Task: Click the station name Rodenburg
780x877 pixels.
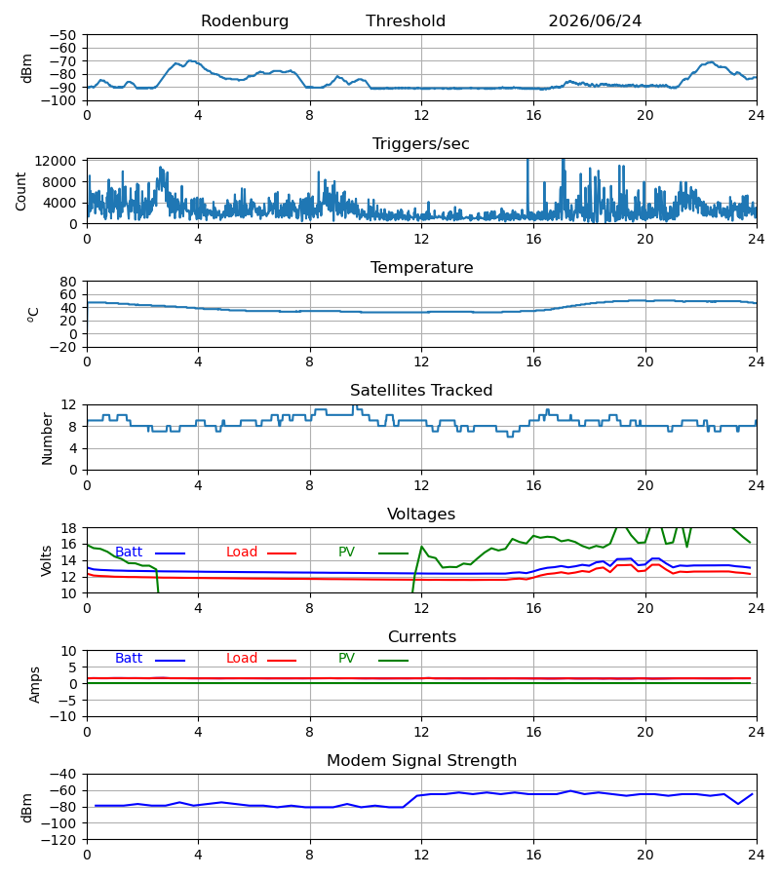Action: [x=245, y=21]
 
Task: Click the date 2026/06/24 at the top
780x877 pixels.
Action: [x=595, y=21]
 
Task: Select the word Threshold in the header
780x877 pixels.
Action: [x=406, y=21]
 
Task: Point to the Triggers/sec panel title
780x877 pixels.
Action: [x=421, y=144]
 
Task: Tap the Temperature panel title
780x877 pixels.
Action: [x=421, y=267]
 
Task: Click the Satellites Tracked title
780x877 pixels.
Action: [x=421, y=391]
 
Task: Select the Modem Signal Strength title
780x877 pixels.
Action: [x=421, y=761]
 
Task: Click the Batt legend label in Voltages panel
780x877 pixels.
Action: [x=129, y=553]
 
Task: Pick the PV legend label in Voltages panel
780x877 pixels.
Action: [x=346, y=553]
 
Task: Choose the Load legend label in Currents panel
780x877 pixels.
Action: [x=242, y=659]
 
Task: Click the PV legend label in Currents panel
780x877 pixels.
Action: [x=346, y=659]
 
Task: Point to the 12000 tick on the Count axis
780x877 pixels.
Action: [x=56, y=161]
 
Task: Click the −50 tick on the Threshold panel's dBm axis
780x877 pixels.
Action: [x=62, y=35]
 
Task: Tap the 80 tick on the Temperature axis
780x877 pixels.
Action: [x=68, y=282]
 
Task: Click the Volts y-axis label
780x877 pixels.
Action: [x=47, y=560]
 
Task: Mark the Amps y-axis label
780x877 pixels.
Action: [x=35, y=685]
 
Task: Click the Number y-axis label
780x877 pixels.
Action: [x=47, y=438]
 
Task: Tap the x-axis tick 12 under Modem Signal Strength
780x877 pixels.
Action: [x=421, y=856]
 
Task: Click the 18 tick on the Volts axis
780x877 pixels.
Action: [x=69, y=528]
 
